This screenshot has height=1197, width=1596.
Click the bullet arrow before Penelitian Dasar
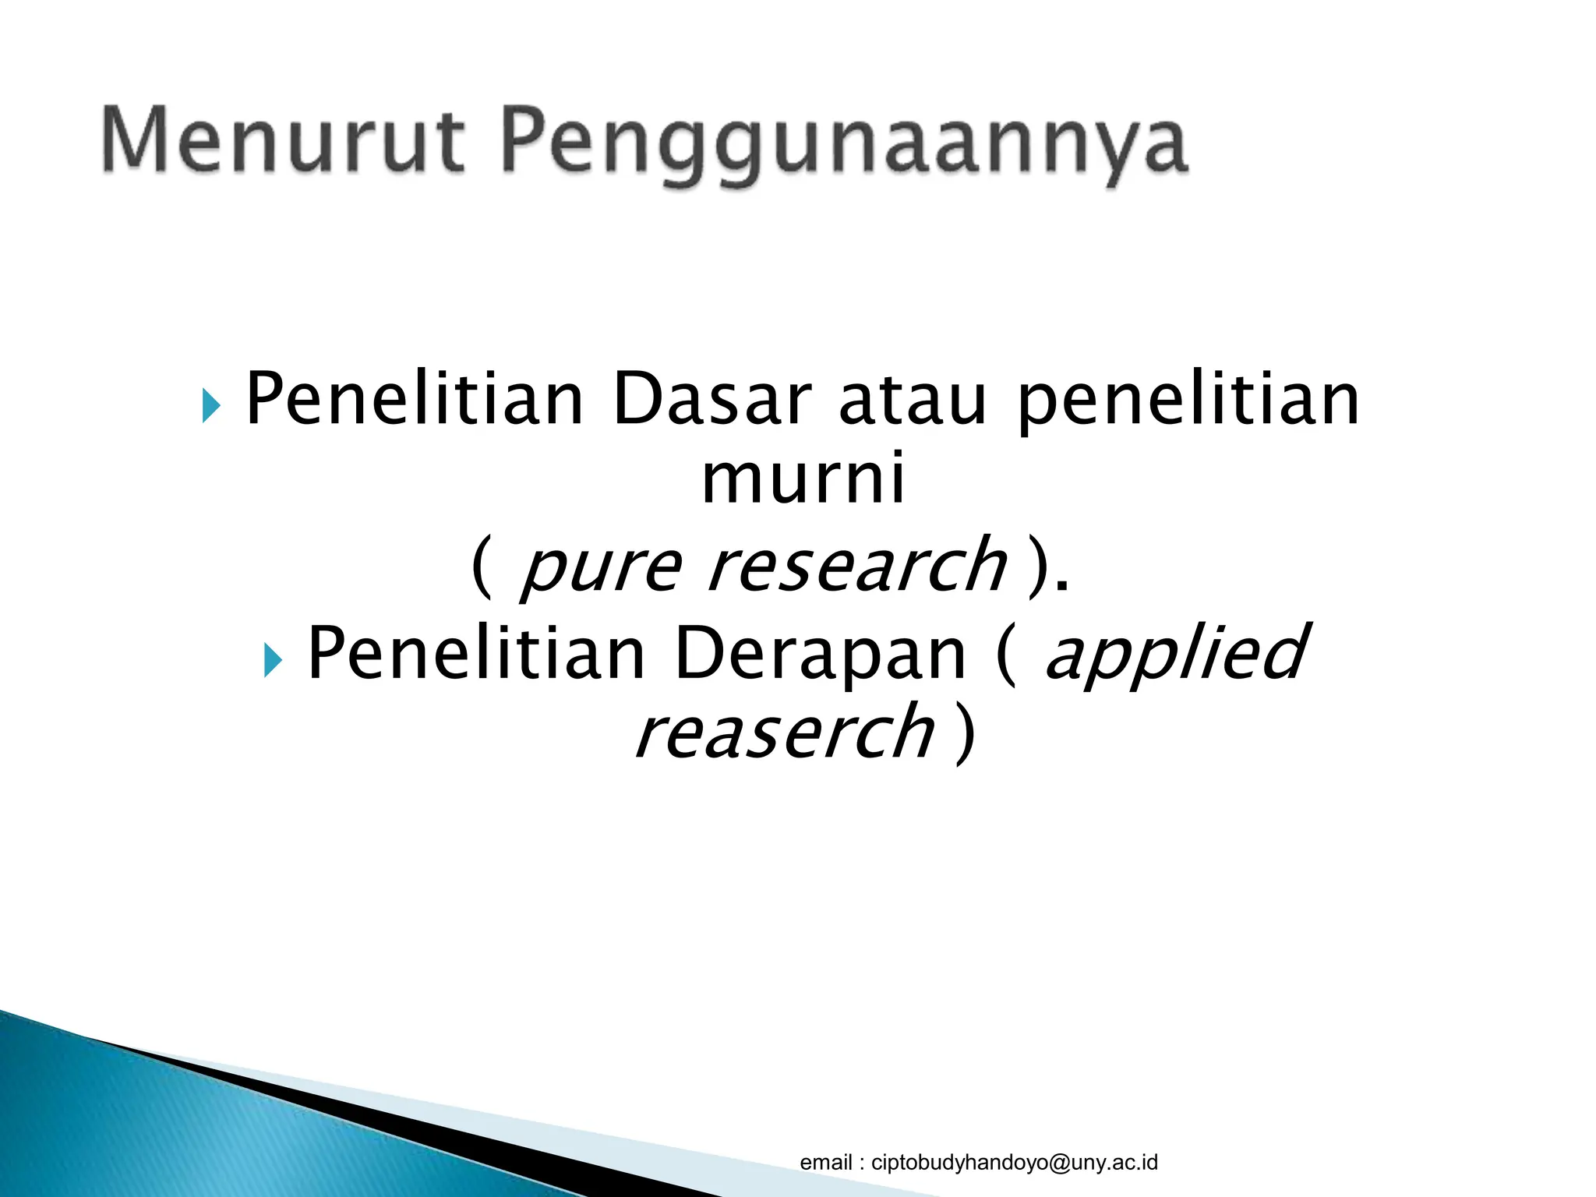point(210,405)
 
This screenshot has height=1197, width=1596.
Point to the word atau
point(913,401)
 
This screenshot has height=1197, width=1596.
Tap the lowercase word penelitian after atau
point(1188,401)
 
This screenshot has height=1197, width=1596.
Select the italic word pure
point(600,566)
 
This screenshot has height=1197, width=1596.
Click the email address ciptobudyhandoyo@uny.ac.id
point(1014,1163)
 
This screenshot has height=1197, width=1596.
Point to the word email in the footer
point(826,1163)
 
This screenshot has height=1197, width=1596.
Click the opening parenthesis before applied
point(1006,655)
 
